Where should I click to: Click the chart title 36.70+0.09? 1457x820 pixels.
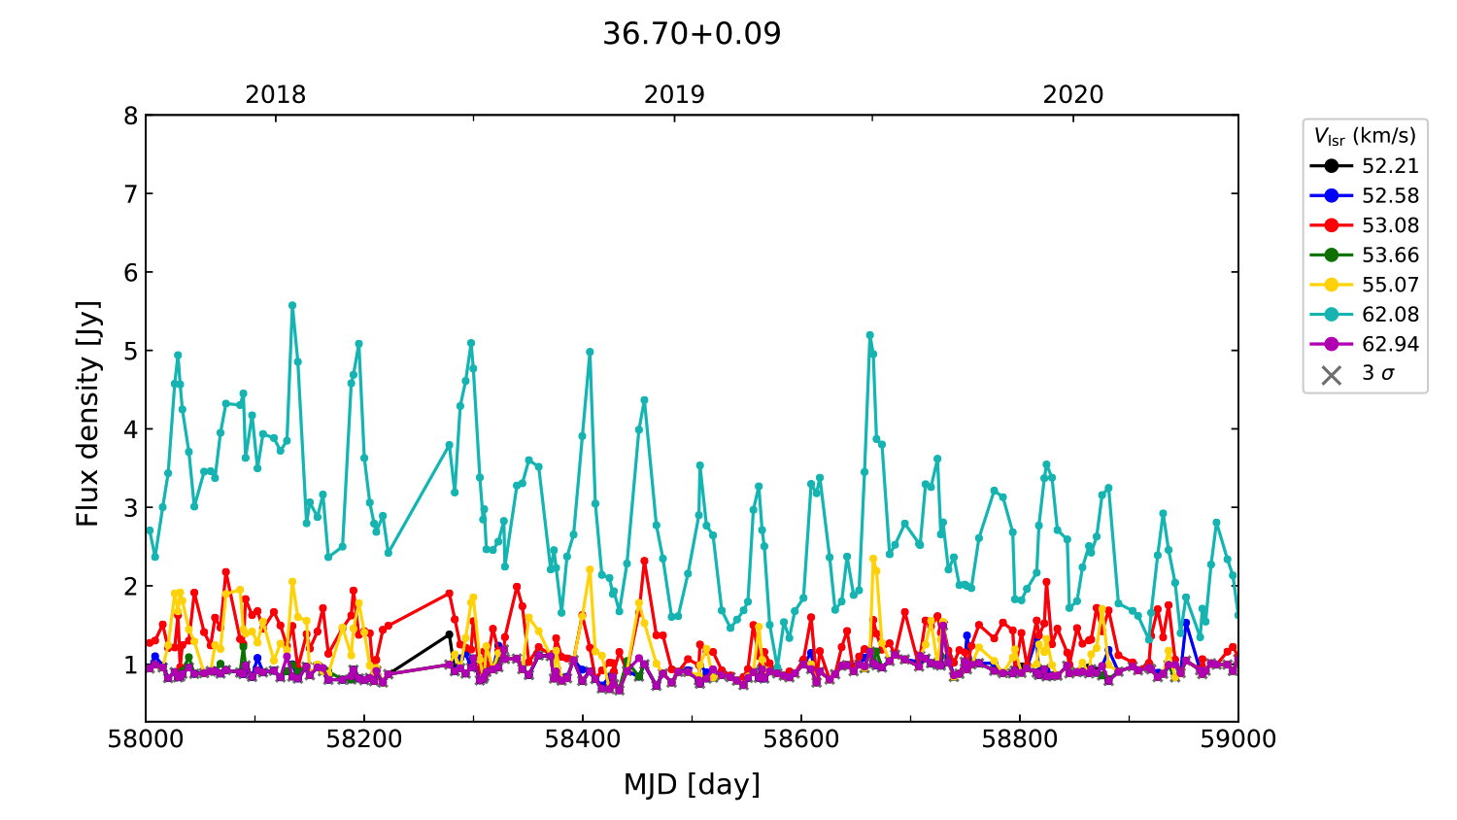point(692,34)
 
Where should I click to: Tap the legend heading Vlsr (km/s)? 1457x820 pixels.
point(1365,136)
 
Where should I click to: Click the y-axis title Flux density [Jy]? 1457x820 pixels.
point(88,413)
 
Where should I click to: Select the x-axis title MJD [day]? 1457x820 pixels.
point(692,784)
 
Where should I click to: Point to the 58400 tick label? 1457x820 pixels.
point(583,739)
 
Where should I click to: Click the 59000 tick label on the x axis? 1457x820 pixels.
point(1237,739)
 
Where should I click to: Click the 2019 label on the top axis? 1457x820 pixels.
point(674,95)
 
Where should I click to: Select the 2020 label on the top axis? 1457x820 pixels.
point(1073,95)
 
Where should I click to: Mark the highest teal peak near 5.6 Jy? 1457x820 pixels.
point(292,305)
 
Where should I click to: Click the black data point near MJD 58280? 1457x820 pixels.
point(449,634)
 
